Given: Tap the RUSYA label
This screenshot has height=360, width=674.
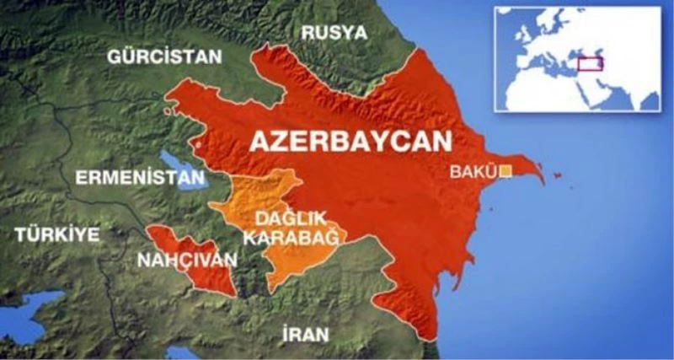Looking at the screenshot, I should [334, 33].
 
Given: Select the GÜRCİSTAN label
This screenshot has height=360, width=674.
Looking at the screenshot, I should [165, 57].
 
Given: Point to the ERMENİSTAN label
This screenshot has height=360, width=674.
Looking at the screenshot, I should [140, 178].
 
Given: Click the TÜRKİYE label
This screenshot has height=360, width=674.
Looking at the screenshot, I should [56, 235].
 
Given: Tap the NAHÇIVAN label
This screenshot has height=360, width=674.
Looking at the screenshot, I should [188, 260].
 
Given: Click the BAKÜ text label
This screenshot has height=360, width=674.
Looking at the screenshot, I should [474, 172].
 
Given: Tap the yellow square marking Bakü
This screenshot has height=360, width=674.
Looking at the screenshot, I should [505, 172].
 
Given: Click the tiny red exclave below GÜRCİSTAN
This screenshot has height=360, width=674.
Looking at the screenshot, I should [171, 110].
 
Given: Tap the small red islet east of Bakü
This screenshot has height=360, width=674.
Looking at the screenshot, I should [557, 177].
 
